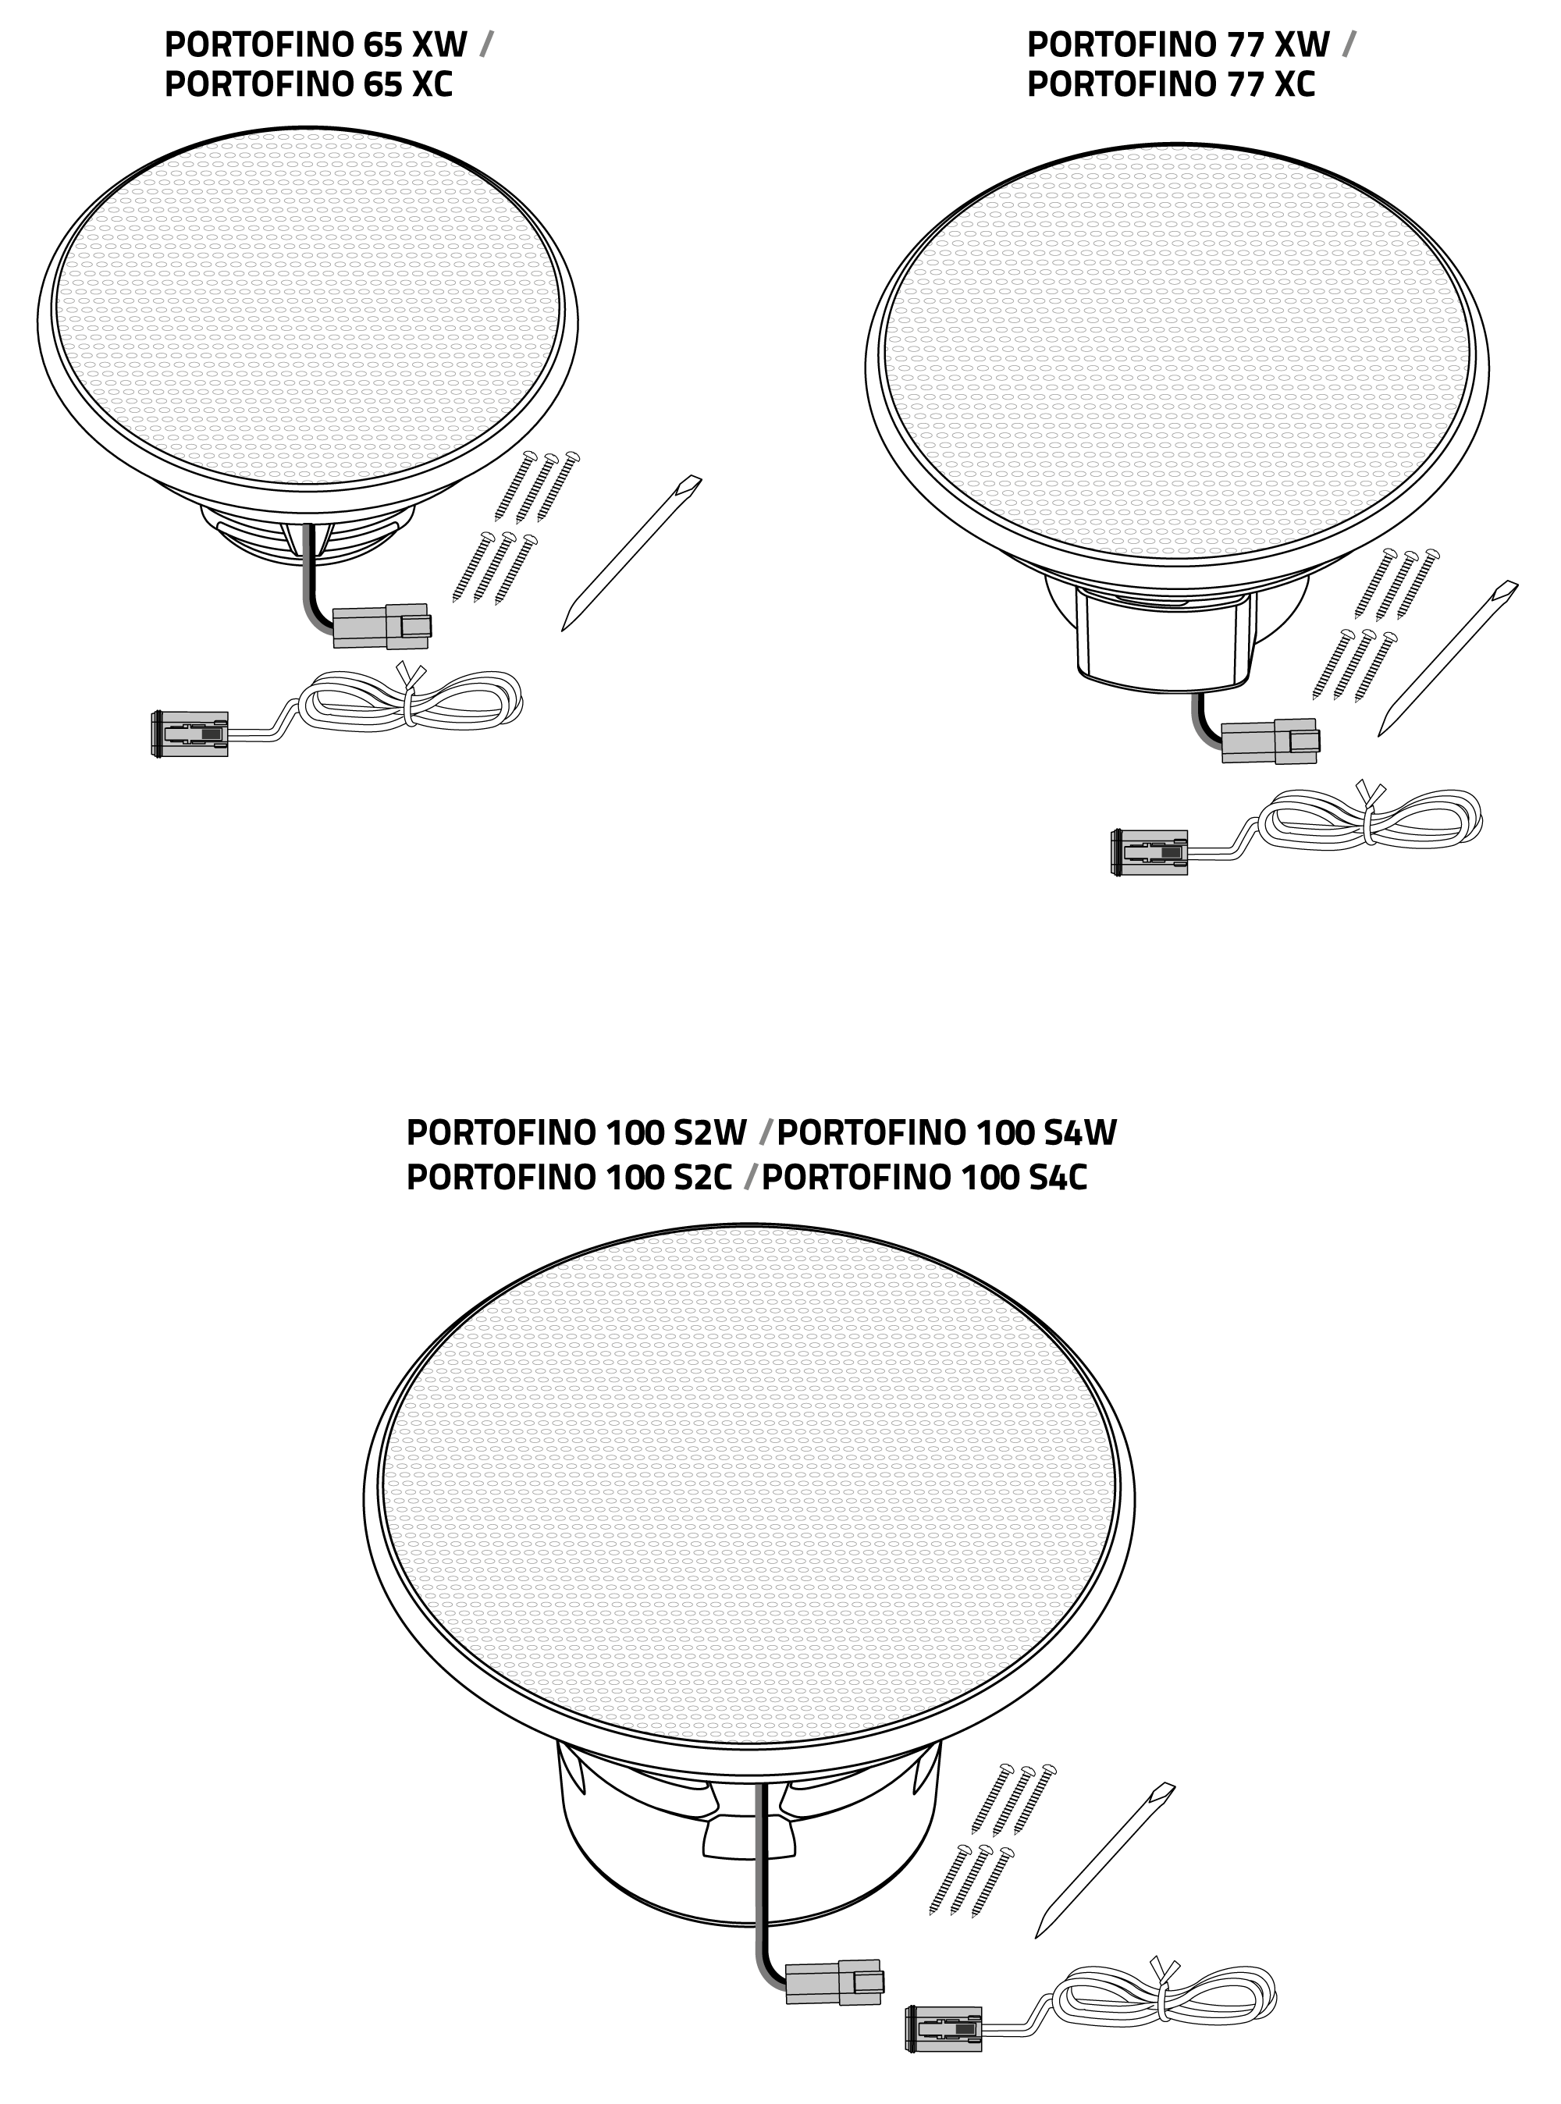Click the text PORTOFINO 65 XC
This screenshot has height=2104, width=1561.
[x=308, y=85]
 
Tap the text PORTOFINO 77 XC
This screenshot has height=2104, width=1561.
[x=1170, y=85]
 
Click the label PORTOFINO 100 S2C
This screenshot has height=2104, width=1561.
[x=569, y=1177]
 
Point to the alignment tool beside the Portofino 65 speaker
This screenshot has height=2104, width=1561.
[x=631, y=553]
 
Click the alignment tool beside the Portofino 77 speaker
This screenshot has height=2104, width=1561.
[x=1448, y=659]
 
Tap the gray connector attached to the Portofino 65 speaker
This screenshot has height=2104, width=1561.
[x=382, y=627]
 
